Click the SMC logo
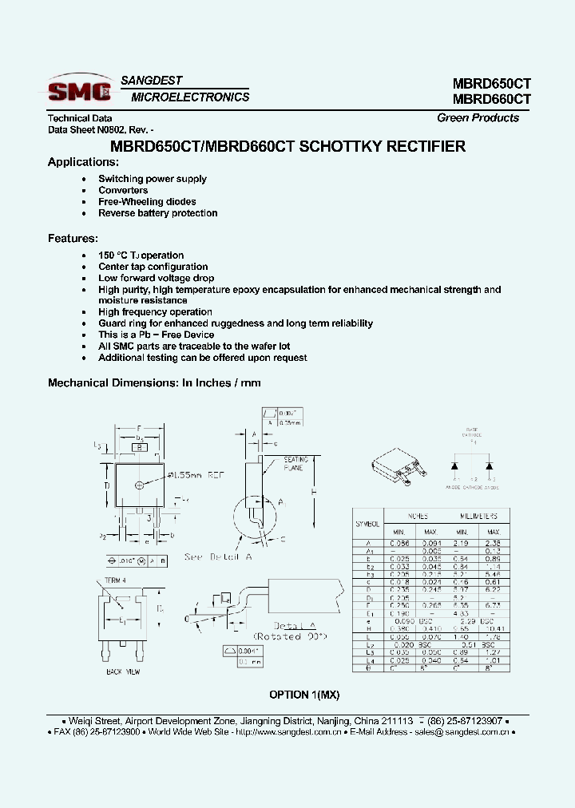point(79,89)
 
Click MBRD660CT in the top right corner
point(491,100)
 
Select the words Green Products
point(478,118)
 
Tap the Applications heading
point(77,162)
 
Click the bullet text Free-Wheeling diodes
point(147,202)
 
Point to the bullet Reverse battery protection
point(157,213)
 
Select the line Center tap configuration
point(153,267)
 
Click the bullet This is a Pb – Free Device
point(156,335)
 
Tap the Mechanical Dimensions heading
point(154,383)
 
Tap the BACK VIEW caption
point(124,672)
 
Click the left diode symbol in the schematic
point(454,465)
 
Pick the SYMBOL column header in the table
point(367,524)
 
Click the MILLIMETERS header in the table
point(478,517)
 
